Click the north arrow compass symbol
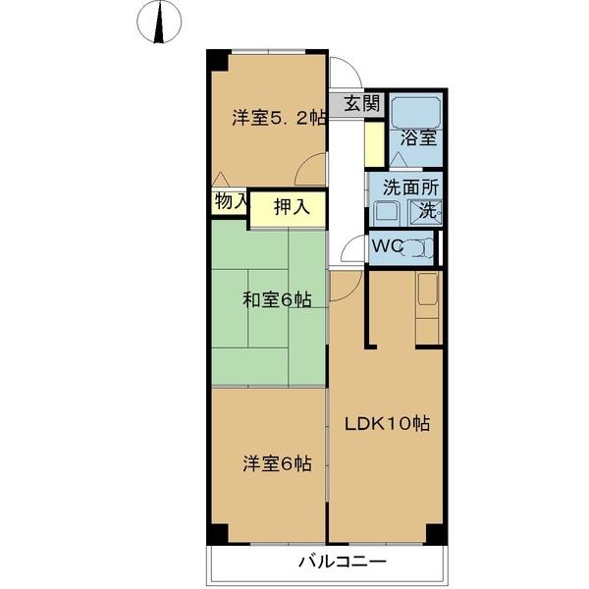[157, 23]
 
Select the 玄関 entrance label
[361, 103]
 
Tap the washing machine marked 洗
[427, 209]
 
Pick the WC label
[386, 246]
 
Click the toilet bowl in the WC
[420, 247]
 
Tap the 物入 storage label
[230, 201]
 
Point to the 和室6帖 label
[278, 300]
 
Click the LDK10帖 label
[386, 425]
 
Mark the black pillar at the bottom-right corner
[436, 535]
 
